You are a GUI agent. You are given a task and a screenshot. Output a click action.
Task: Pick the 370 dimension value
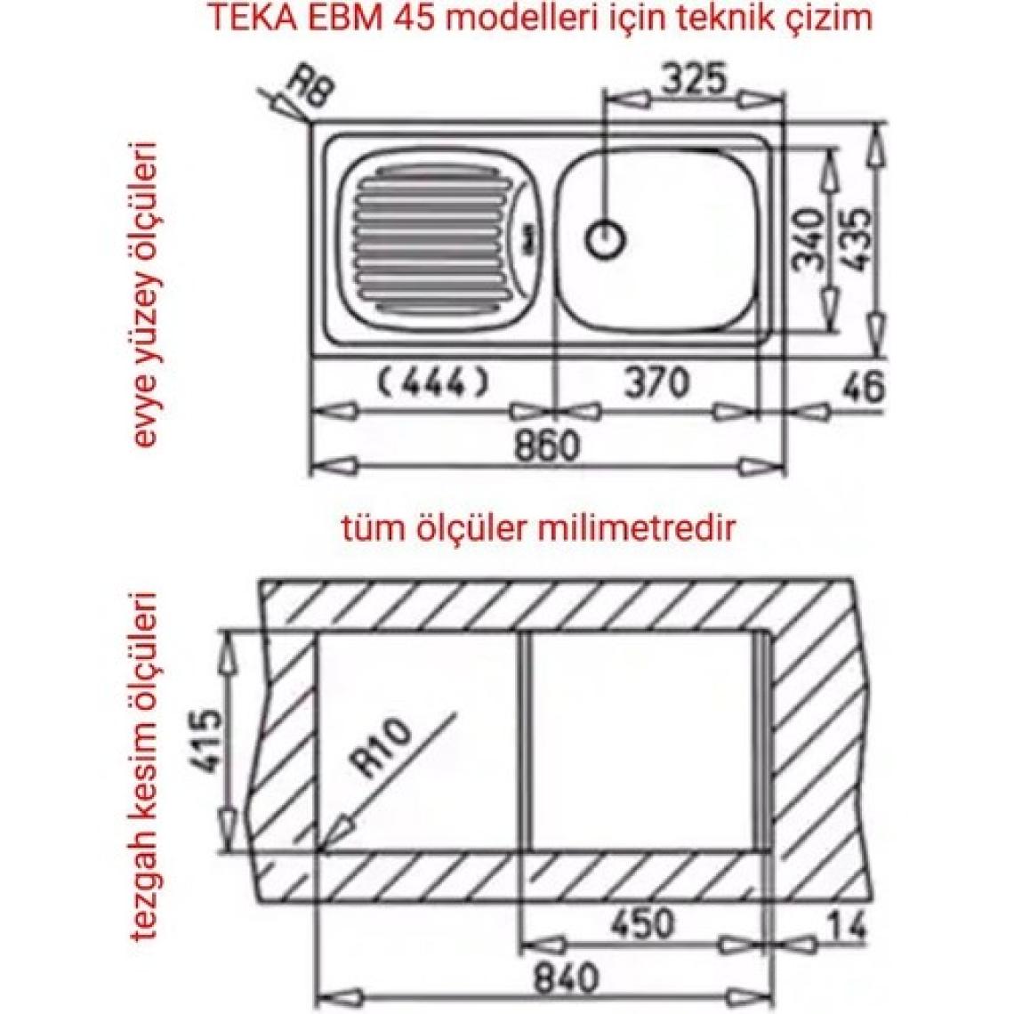point(657,382)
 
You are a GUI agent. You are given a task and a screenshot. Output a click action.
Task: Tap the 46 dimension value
point(861,387)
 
